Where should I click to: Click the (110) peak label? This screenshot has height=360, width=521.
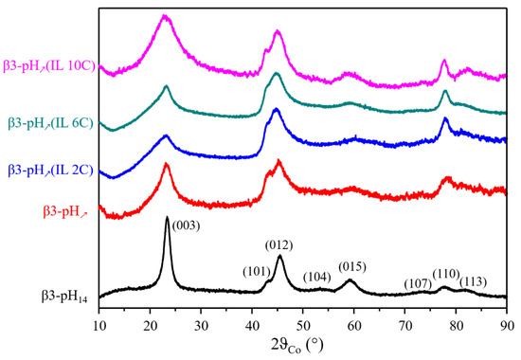point(446,275)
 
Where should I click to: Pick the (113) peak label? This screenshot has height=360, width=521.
point(476,281)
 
